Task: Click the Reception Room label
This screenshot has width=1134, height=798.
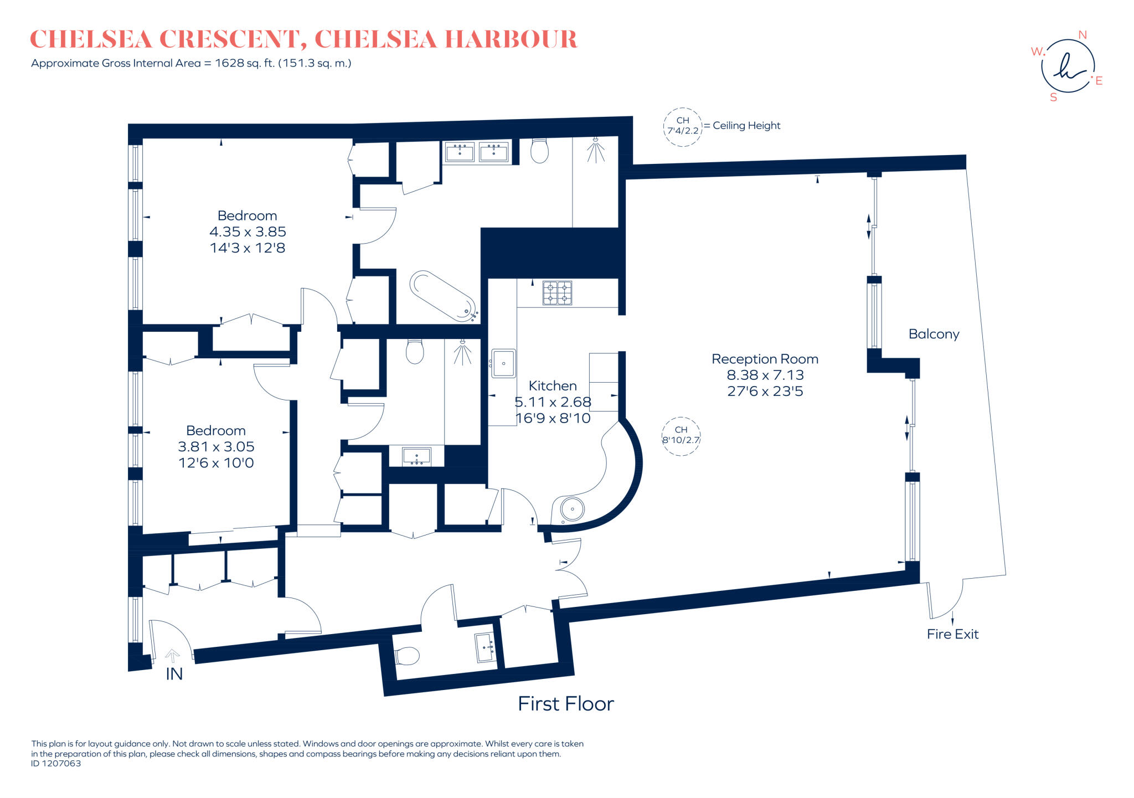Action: [x=765, y=359]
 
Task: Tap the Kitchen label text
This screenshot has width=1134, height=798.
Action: [x=553, y=385]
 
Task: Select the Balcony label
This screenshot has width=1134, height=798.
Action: [x=934, y=334]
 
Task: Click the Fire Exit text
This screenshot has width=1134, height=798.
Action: [x=952, y=634]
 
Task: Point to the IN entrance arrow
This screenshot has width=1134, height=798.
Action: [x=172, y=656]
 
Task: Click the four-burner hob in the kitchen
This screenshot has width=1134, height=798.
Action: [x=557, y=293]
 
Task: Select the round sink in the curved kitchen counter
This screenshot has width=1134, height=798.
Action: [x=572, y=508]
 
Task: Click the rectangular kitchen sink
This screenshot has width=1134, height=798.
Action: [x=503, y=363]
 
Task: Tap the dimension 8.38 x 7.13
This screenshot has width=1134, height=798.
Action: [x=765, y=375]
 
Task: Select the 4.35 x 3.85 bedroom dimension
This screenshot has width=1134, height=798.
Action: [x=248, y=231]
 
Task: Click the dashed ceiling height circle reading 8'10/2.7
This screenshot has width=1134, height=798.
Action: [x=681, y=436]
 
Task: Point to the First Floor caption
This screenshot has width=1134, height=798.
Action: [x=566, y=704]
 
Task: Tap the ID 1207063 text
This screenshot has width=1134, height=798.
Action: [x=56, y=764]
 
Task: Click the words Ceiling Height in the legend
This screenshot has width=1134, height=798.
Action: [x=746, y=126]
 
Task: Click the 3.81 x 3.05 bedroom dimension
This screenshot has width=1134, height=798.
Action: [x=216, y=446]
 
